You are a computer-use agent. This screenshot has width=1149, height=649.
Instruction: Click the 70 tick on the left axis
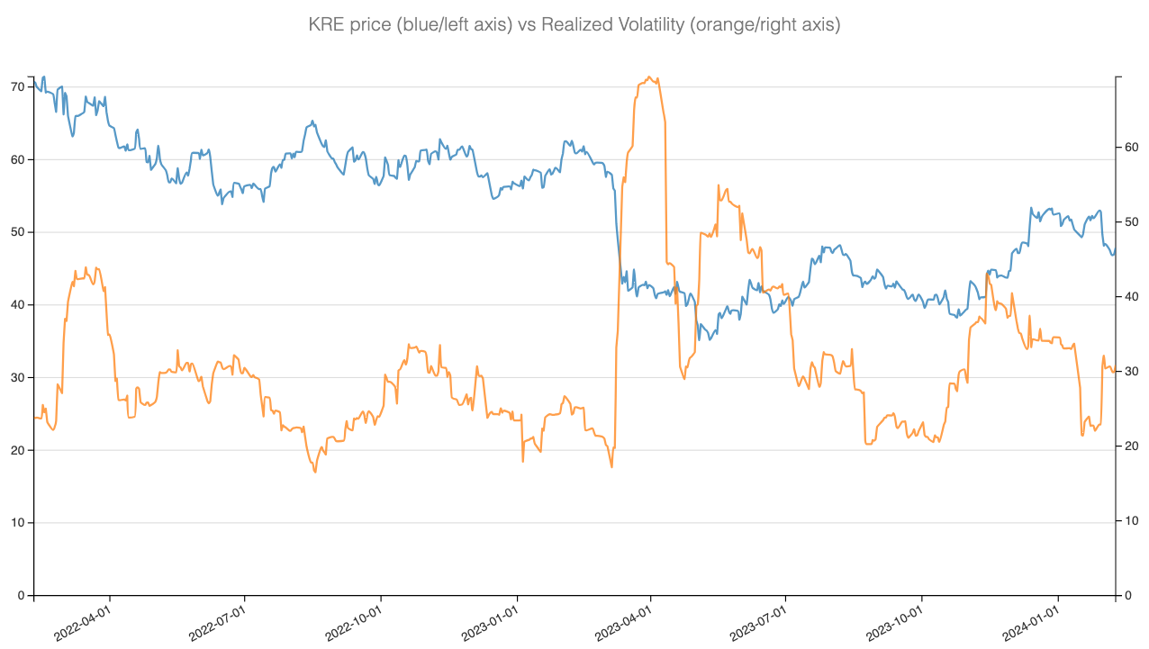tap(16, 87)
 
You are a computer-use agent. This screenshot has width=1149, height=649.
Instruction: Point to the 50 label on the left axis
tap(16, 232)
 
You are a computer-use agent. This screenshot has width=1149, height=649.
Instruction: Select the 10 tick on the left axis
tap(16, 523)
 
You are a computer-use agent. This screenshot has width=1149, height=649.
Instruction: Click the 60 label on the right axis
tap(1132, 148)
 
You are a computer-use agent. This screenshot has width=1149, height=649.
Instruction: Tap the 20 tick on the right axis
tap(1132, 446)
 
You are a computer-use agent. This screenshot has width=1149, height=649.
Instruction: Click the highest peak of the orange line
tap(649, 77)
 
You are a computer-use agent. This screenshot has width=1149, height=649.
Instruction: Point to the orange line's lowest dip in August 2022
tap(315, 472)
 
